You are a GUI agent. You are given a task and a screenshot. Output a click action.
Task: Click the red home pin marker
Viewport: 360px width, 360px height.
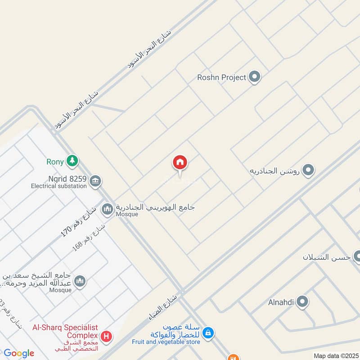[180, 163]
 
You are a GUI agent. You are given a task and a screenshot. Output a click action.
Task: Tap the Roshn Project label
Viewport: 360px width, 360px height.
[221, 77]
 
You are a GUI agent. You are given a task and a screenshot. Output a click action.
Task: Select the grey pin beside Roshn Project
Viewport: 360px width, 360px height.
[255, 77]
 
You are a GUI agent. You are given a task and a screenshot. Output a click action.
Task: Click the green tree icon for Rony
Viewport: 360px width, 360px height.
[72, 161]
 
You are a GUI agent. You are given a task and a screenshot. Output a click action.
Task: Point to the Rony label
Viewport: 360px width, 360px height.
[55, 161]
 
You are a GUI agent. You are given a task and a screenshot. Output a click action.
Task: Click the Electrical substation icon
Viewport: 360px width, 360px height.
[95, 181]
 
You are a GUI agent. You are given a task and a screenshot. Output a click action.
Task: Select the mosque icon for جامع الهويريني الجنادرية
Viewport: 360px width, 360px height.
[107, 209]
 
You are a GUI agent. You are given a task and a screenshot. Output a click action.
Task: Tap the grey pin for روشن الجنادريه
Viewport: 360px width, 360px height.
[308, 171]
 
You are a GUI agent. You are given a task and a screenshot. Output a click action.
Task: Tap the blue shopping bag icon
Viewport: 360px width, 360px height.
[207, 333]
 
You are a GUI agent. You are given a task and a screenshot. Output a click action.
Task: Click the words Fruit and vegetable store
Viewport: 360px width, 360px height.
[166, 342]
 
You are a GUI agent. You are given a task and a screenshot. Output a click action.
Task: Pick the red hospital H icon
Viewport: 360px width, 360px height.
[106, 336]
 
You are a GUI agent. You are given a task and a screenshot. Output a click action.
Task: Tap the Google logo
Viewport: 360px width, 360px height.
[19, 353]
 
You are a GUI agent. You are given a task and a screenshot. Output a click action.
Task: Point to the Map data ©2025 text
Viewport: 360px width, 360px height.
[335, 355]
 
